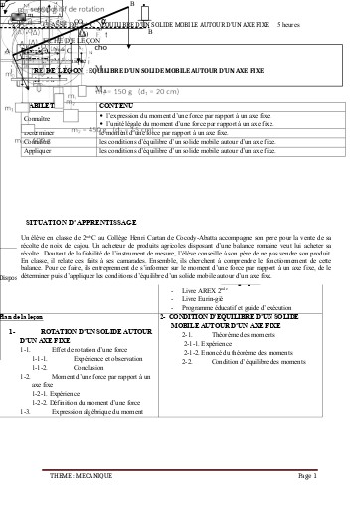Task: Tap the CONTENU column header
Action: tap(118, 104)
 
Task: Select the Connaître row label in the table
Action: tap(37, 118)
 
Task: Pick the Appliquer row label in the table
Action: tap(38, 152)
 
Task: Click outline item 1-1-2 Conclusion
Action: tap(81, 367)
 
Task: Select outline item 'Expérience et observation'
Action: tap(94, 358)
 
